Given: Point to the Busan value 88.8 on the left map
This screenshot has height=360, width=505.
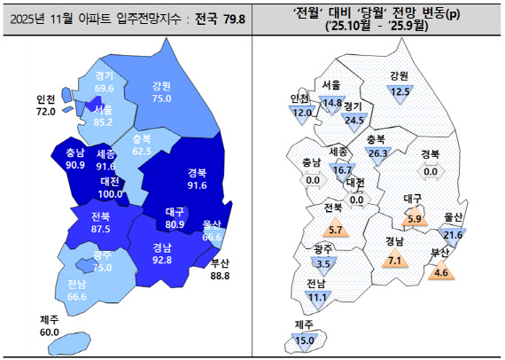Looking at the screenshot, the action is (x=221, y=276).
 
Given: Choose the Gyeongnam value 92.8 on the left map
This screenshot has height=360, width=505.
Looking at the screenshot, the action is (x=162, y=261).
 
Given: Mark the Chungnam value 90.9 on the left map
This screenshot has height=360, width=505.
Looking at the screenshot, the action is (x=75, y=165).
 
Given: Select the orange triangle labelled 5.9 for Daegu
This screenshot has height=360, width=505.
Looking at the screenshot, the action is (x=413, y=218).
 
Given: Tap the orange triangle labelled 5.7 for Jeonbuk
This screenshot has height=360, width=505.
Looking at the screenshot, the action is (x=335, y=230).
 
